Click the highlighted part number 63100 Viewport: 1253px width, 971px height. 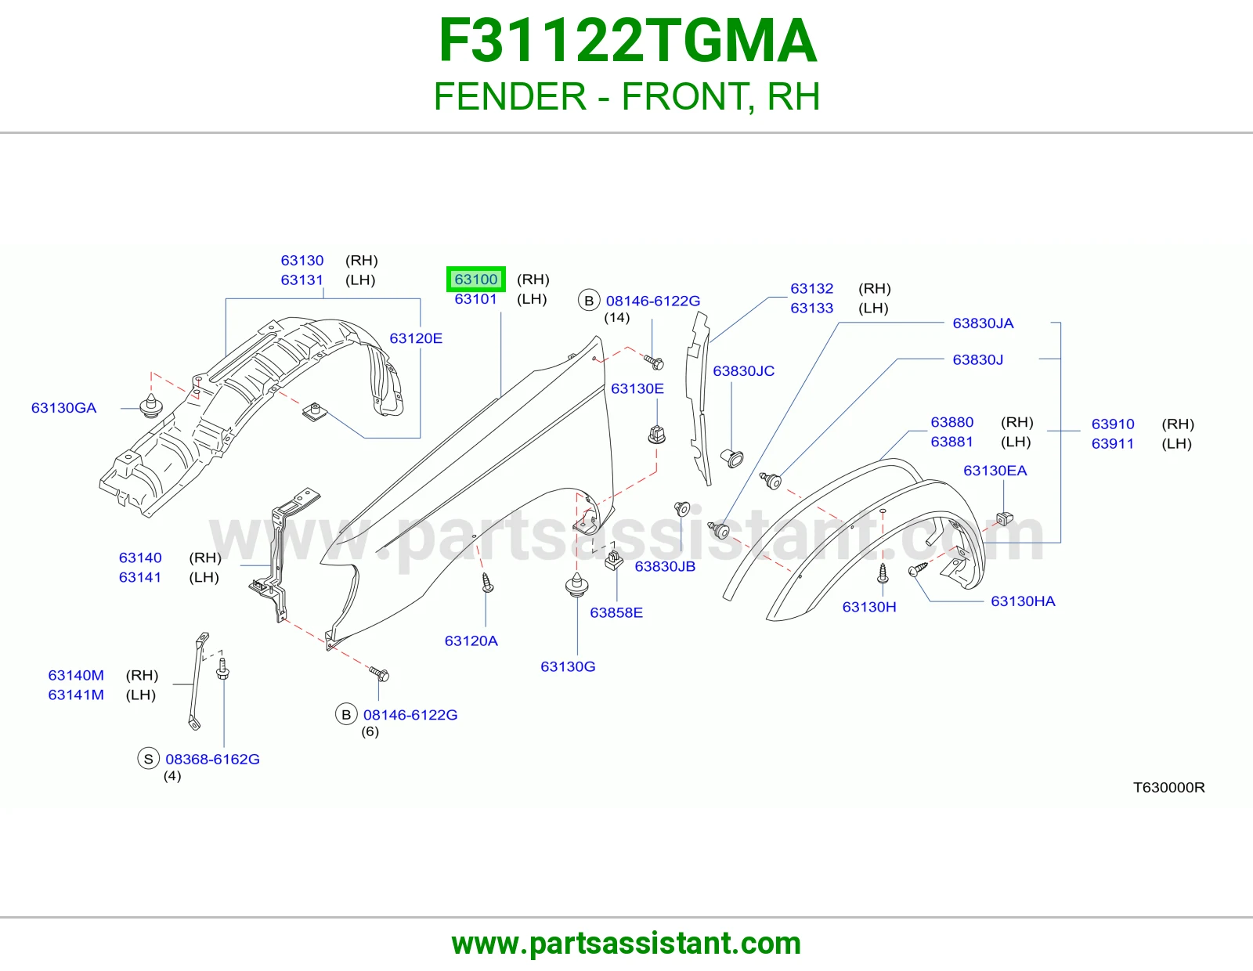tap(475, 279)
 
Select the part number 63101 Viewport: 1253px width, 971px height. tap(475, 298)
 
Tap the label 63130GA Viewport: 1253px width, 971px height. tap(64, 408)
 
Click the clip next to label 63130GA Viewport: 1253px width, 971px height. tap(151, 406)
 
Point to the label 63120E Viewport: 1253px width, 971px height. tap(416, 338)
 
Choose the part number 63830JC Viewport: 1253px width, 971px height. tap(743, 370)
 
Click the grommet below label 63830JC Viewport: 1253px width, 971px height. tap(732, 458)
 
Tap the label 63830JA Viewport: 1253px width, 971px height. tap(983, 323)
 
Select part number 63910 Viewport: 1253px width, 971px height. tap(1112, 424)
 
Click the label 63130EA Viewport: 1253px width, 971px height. tap(995, 471)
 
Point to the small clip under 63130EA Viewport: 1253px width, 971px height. tap(1005, 518)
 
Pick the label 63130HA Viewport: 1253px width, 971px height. tap(1023, 601)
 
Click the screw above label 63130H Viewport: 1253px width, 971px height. tap(883, 572)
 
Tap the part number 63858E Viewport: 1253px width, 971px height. tap(616, 612)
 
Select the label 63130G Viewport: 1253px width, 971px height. tap(568, 666)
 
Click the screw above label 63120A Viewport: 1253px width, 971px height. tap(487, 583)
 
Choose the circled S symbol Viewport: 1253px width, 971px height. tap(148, 759)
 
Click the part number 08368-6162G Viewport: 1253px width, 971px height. tap(212, 759)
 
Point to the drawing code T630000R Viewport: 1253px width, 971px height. tap(1168, 787)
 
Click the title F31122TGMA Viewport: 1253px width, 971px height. tap(627, 41)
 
